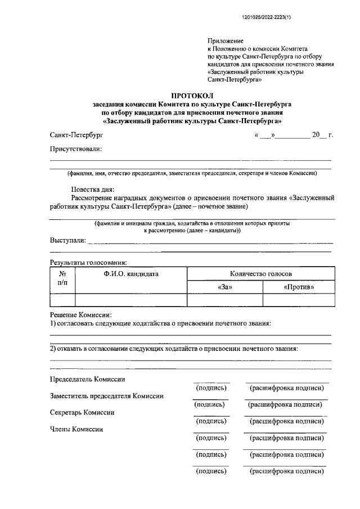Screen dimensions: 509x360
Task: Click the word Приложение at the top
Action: point(226,41)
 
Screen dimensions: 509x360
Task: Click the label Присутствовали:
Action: point(76,149)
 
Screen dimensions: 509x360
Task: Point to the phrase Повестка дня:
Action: point(92,190)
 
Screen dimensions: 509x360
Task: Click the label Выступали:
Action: point(68,241)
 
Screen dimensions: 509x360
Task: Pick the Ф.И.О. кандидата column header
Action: point(130,274)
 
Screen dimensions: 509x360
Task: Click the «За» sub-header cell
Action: point(224,287)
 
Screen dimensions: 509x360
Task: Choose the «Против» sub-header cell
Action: point(299,287)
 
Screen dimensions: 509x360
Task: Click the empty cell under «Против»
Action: point(299,300)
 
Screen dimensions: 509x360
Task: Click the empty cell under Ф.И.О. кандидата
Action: point(130,300)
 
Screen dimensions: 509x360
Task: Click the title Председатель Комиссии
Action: point(87,380)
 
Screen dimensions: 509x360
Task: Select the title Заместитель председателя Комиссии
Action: point(107,396)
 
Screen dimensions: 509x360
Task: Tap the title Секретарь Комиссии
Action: point(82,412)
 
